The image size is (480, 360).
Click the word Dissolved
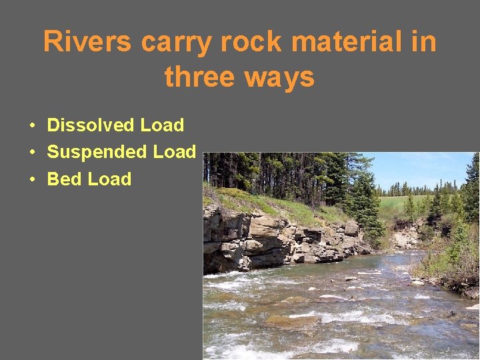click(91, 125)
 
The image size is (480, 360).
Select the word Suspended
click(97, 152)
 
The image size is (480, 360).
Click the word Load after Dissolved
click(162, 125)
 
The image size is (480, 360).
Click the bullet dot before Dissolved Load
click(31, 126)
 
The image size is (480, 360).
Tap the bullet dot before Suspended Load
click(31, 153)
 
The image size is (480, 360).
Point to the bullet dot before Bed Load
click(31, 180)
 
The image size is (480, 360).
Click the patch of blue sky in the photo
click(420, 170)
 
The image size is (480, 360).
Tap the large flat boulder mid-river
click(333, 299)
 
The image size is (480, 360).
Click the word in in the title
click(425, 43)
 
